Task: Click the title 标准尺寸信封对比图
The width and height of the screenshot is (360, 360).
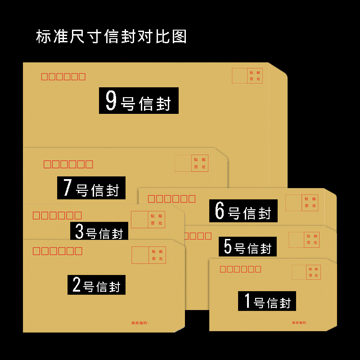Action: [111, 36]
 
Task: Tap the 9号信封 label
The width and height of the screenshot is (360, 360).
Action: [139, 100]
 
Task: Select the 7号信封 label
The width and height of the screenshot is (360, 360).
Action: [91, 188]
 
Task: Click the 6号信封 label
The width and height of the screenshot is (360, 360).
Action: [243, 211]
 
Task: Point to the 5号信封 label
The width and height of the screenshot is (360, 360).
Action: [248, 247]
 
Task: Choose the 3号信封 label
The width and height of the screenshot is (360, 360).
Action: [99, 231]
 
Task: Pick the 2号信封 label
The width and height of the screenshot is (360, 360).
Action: [97, 285]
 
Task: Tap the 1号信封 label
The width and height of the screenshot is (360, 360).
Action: [267, 301]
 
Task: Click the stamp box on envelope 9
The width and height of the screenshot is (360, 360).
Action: [247, 76]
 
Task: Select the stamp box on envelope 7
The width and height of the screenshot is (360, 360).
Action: [191, 163]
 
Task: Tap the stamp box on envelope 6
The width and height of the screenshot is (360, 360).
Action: [301, 202]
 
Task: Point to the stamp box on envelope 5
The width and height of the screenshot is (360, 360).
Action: [304, 239]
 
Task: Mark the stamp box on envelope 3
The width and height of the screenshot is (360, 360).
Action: [148, 219]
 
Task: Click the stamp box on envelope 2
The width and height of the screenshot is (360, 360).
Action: [148, 255]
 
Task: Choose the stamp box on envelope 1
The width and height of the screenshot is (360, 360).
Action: [306, 272]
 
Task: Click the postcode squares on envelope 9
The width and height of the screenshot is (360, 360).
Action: [63, 76]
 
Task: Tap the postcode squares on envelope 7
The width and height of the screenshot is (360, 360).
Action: [68, 164]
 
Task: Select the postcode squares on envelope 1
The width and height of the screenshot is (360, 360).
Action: [240, 269]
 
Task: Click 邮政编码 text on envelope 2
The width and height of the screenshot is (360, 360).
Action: [140, 323]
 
